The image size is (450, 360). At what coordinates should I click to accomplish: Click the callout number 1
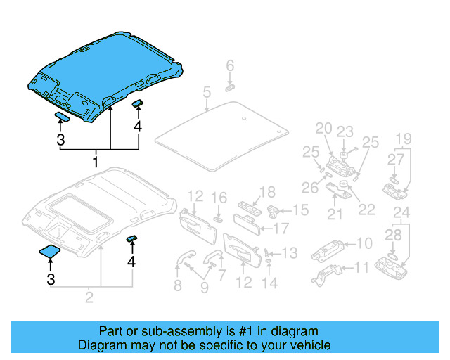click(96, 162)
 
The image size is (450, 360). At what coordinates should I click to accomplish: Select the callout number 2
click(89, 297)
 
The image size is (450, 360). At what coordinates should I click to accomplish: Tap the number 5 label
click(206, 92)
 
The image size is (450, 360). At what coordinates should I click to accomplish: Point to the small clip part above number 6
click(231, 88)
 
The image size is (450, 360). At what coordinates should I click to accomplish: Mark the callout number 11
click(361, 267)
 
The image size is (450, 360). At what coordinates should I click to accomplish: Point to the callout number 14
click(269, 283)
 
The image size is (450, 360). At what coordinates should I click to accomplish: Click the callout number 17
click(281, 228)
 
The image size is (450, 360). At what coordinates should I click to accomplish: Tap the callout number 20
click(323, 128)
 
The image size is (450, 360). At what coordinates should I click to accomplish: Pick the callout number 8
click(177, 285)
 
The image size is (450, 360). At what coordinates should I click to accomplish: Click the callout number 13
click(290, 252)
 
